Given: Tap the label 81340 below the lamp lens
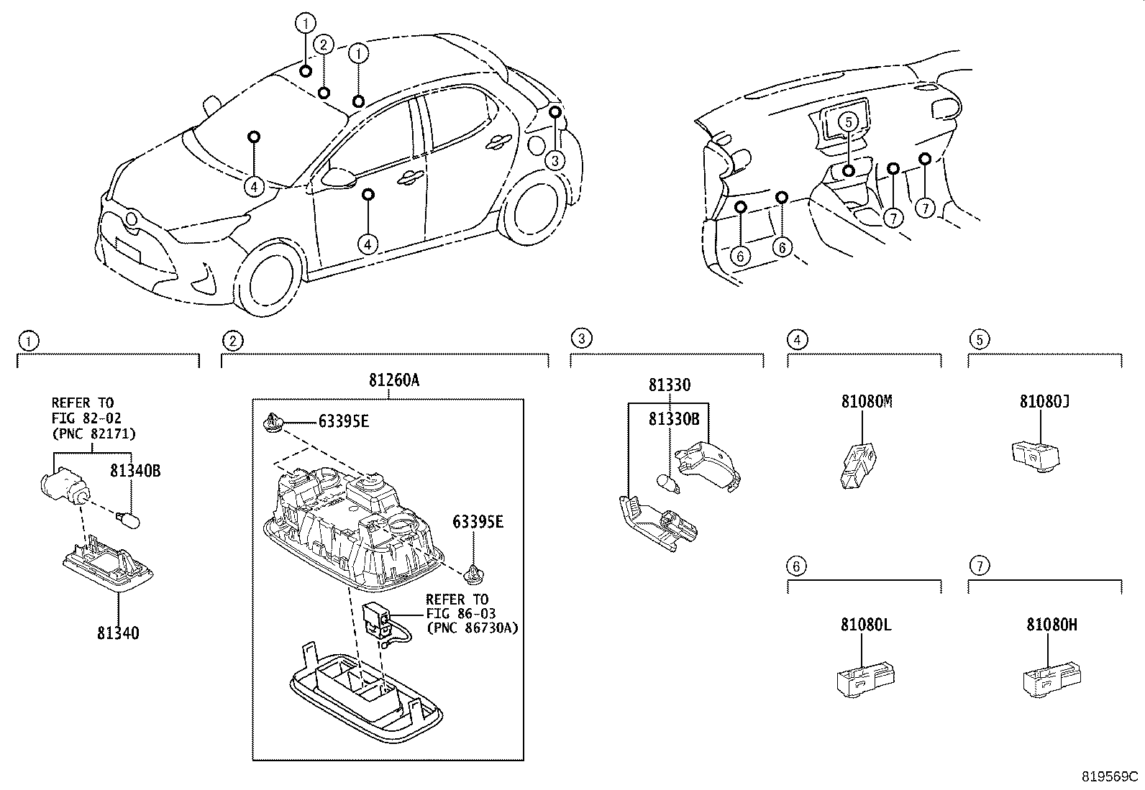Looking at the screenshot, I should (119, 633).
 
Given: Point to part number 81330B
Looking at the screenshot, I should (674, 418).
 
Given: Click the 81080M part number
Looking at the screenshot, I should (867, 402).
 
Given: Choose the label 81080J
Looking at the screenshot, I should (1044, 402).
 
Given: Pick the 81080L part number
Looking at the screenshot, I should (866, 625).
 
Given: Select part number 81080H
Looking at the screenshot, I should (1052, 625).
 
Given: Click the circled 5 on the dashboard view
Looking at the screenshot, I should (849, 121).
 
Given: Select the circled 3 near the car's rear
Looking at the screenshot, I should (555, 160).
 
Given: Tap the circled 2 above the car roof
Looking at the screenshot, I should (324, 45).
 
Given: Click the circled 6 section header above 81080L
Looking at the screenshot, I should (795, 566).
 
